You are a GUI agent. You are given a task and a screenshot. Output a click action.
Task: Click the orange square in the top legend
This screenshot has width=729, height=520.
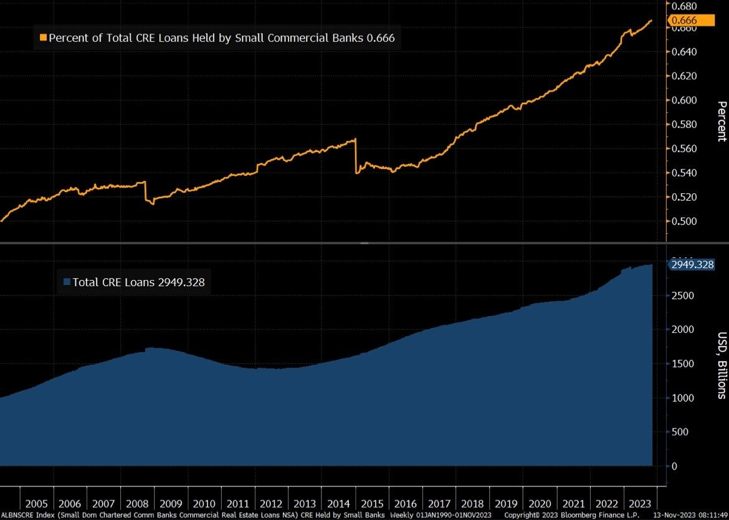point(43,38)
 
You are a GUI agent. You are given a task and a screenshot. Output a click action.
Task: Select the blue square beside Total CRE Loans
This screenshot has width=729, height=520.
point(67,282)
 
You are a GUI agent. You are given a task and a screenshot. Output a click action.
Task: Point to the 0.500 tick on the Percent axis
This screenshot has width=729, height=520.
point(684,221)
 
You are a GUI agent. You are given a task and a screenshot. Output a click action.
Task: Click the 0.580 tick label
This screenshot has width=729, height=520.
point(684,124)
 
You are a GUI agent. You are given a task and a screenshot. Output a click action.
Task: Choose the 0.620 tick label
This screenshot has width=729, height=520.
point(684,75)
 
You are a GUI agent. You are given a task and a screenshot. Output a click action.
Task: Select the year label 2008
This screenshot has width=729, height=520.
point(137,504)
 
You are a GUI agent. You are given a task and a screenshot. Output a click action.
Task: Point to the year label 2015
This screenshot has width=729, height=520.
point(372,504)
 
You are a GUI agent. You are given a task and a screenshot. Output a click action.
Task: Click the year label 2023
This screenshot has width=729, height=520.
point(641,504)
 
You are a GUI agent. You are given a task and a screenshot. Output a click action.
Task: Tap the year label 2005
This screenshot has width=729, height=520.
point(37,504)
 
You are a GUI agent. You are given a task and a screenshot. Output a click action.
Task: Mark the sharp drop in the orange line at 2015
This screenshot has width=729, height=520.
point(356,156)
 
